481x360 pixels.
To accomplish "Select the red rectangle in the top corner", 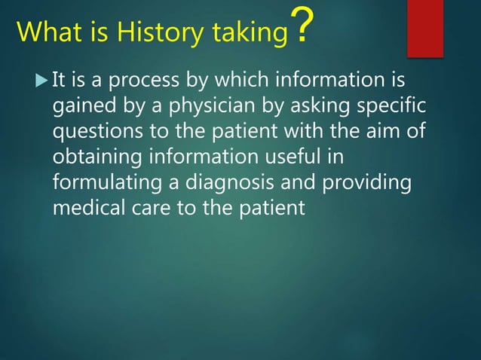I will point(424,28).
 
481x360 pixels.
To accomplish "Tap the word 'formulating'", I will point(109,182).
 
